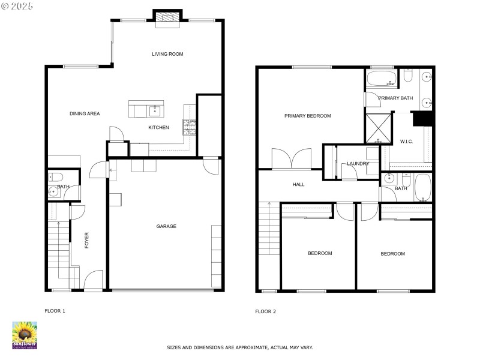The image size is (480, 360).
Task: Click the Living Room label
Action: [167, 54]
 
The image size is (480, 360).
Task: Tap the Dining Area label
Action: [85, 113]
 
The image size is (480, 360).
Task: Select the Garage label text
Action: [166, 226]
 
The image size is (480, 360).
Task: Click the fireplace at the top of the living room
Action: [167, 18]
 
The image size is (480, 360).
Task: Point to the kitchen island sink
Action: [155, 110]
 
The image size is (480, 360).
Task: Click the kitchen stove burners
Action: [190, 127]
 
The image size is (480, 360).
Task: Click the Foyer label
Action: [86, 240]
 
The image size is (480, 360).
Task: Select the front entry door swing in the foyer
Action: [93, 280]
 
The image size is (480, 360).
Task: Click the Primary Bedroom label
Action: [307, 116]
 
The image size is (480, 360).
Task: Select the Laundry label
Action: [358, 163]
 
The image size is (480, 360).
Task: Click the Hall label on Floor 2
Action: [299, 185]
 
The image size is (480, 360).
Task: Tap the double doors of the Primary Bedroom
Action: [292, 159]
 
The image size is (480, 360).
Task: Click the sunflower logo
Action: [25, 335]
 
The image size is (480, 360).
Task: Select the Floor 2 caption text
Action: [265, 311]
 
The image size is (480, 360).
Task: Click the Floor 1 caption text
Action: [55, 311]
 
